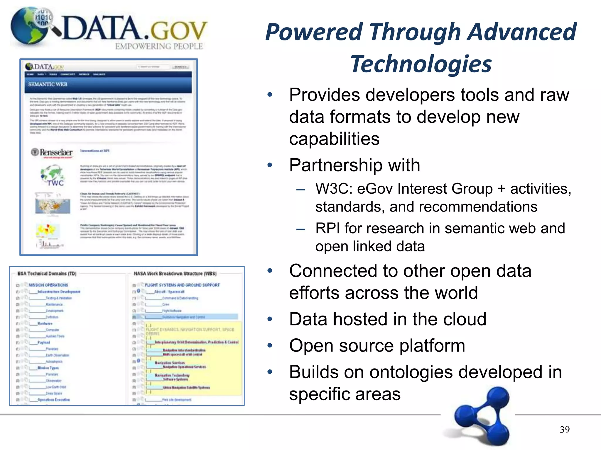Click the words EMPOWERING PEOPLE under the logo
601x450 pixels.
point(159,46)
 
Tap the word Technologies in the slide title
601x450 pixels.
point(421,64)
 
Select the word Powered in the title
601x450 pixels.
point(314,32)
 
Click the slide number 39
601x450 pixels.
point(565,429)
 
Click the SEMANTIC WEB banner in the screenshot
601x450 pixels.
point(48,84)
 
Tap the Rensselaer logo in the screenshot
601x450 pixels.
point(52,152)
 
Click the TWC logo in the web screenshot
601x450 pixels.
point(53,176)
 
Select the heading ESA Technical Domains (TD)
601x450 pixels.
point(47,274)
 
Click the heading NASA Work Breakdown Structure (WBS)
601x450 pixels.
point(175,274)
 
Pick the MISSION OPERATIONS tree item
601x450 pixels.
point(48,285)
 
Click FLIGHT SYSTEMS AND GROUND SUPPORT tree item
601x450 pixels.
point(182,285)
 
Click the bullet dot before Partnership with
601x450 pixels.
point(270,165)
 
